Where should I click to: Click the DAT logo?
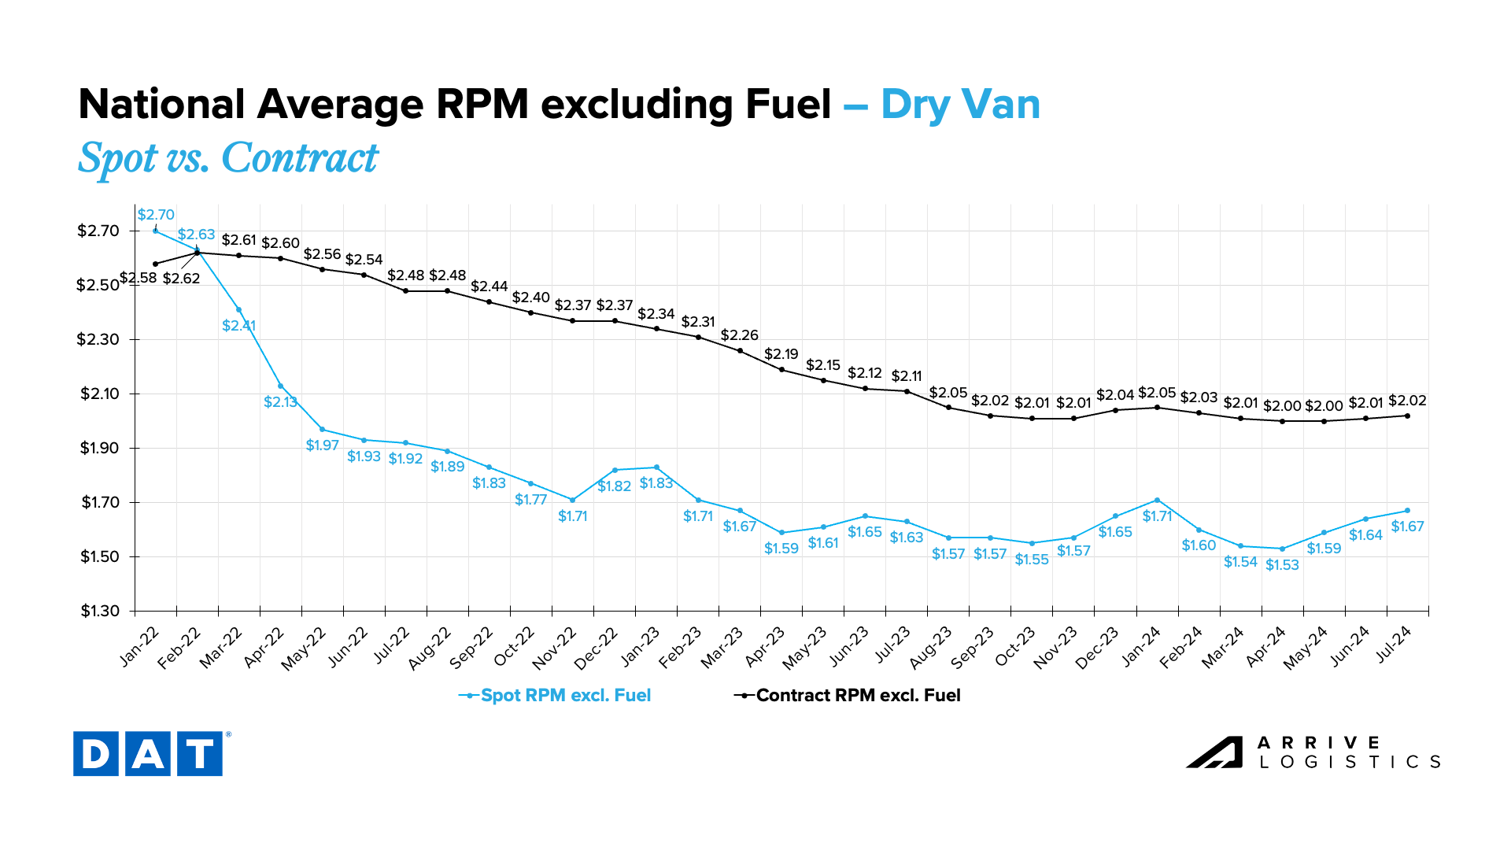click(x=148, y=754)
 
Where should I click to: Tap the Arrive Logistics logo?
click(x=1313, y=752)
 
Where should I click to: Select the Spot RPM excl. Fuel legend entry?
click(x=556, y=696)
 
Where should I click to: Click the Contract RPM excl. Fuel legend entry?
click(x=848, y=696)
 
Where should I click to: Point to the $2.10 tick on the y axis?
click(x=98, y=394)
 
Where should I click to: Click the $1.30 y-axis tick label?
click(x=98, y=612)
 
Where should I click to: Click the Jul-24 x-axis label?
click(x=1394, y=646)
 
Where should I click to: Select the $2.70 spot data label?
click(x=156, y=215)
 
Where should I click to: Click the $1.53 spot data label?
click(x=1282, y=565)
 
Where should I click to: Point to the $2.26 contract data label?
click(x=740, y=335)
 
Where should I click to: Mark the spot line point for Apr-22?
click(x=280, y=386)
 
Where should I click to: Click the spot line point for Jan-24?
click(x=1157, y=500)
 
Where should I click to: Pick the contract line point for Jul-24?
click(x=1407, y=416)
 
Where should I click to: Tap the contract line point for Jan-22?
click(x=156, y=264)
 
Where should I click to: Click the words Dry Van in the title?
click(x=960, y=104)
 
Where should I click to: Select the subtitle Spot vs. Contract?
click(x=228, y=157)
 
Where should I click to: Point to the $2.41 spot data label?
click(x=238, y=326)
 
